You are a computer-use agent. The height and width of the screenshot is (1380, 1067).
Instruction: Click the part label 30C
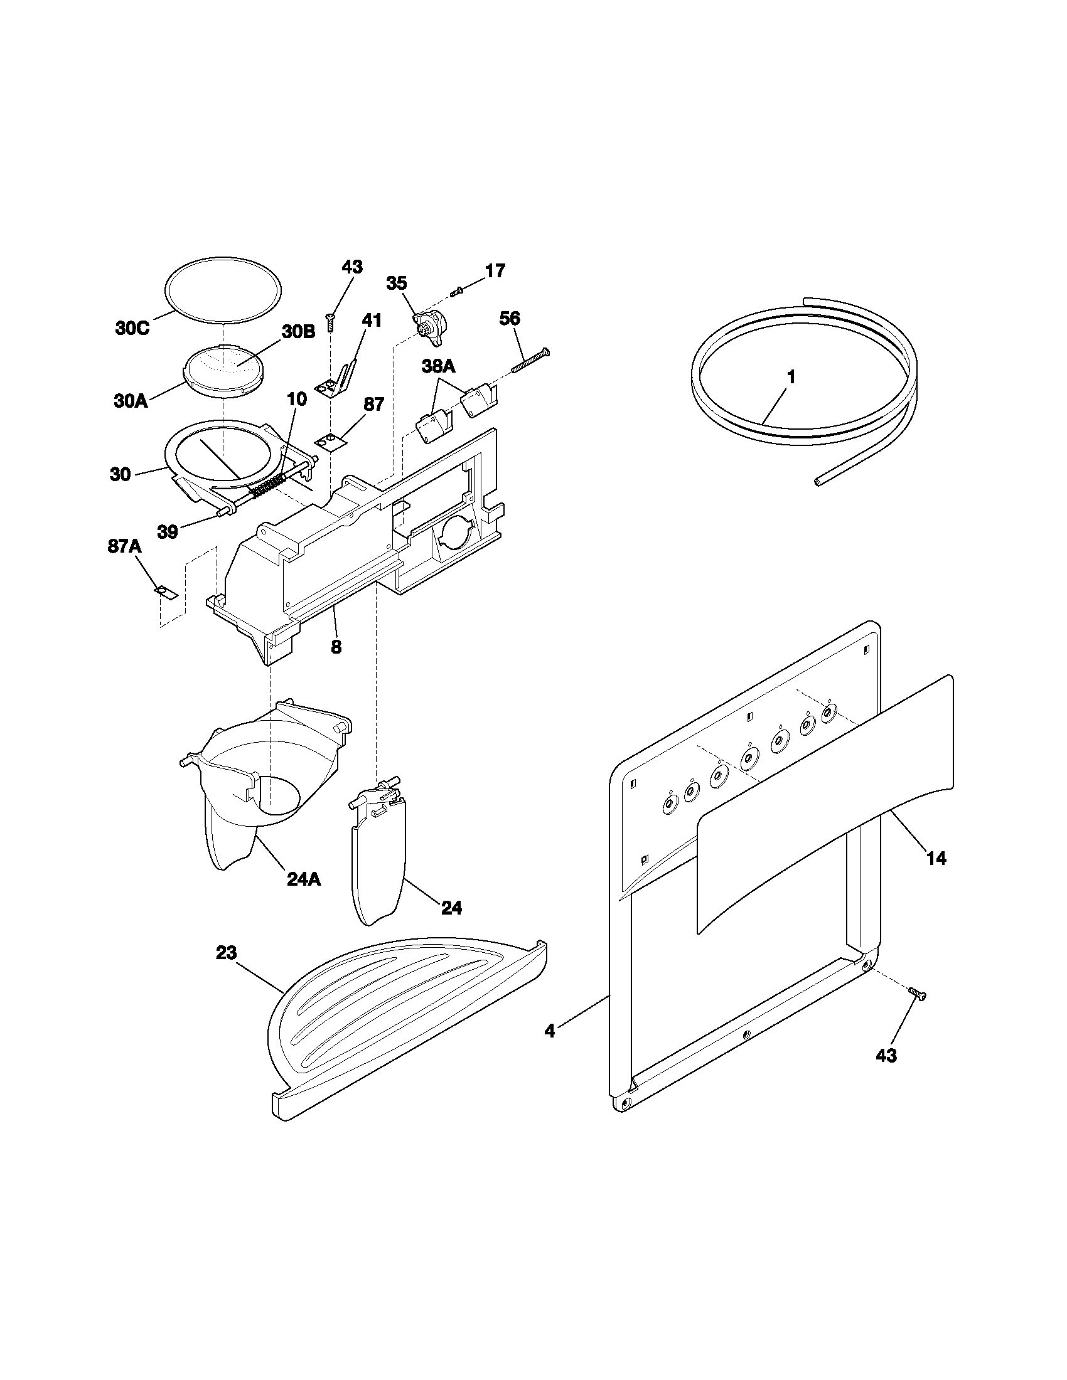[x=132, y=329]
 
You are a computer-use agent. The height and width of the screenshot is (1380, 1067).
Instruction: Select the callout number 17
[x=495, y=271]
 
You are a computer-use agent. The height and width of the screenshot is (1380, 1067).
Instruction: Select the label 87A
[x=124, y=546]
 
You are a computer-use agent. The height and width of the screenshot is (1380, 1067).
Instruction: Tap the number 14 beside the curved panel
[x=936, y=858]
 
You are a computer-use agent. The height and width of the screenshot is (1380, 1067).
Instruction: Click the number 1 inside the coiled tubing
[x=790, y=377]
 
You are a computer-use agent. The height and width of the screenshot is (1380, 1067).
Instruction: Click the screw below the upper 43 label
[x=330, y=323]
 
